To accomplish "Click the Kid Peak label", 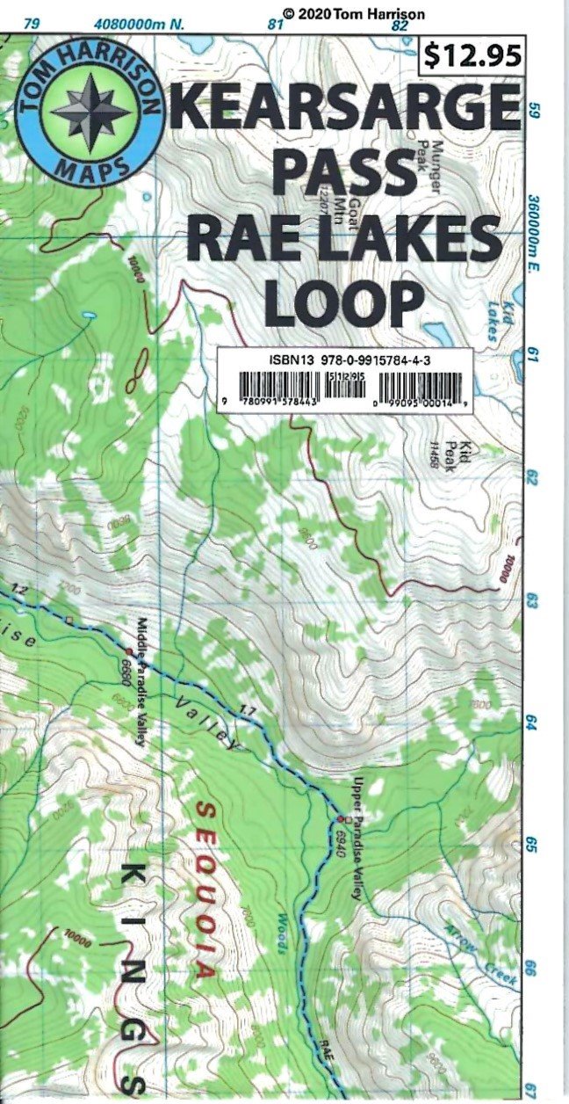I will (x=449, y=454).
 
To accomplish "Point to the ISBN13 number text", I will (x=343, y=359).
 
